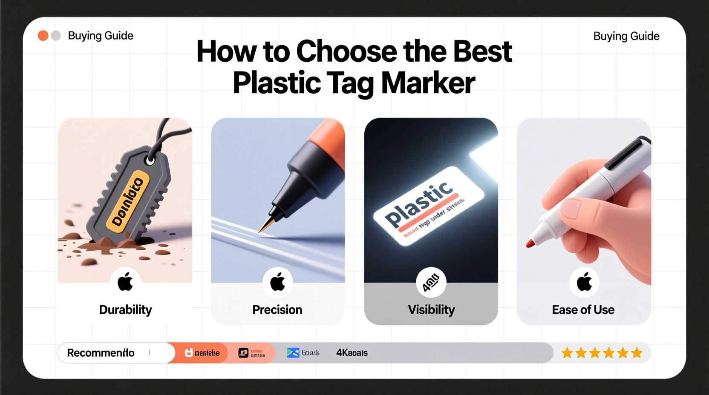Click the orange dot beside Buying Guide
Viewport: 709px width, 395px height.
[43, 36]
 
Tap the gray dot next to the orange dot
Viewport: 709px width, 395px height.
[56, 36]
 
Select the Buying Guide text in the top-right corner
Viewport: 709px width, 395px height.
[626, 36]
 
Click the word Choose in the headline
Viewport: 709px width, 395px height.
[346, 52]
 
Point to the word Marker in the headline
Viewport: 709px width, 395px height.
[428, 83]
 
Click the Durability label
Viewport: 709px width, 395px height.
[125, 309]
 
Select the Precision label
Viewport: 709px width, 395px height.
[277, 309]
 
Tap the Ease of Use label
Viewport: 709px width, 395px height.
[583, 309]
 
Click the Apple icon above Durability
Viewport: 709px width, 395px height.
[125, 282]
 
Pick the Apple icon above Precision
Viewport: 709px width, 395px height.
[278, 282]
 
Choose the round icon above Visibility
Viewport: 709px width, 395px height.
[431, 282]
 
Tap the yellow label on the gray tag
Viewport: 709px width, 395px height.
[127, 202]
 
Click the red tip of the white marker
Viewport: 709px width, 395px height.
[530, 243]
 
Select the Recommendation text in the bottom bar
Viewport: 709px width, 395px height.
[101, 353]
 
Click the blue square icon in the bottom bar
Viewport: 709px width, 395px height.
[293, 353]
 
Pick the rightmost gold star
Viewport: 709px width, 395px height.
[637, 353]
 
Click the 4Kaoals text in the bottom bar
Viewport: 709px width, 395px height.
[352, 353]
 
